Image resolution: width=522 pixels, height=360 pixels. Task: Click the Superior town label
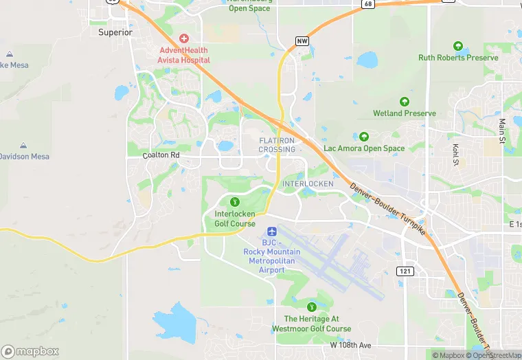click(x=115, y=32)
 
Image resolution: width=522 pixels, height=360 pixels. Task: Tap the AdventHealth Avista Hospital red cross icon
click(x=184, y=38)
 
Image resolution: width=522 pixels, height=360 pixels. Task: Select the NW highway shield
click(x=302, y=41)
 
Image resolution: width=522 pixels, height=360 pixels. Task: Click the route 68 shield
click(x=369, y=4)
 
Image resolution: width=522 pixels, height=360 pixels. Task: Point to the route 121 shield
click(x=405, y=271)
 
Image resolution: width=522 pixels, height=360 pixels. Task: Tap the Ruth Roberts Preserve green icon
click(x=458, y=46)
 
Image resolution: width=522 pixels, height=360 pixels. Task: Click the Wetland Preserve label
click(x=404, y=113)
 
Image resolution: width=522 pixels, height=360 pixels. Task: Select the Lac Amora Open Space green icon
click(x=364, y=137)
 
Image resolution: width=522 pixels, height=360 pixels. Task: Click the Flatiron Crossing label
click(x=277, y=144)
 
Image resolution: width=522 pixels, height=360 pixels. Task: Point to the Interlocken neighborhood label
click(x=308, y=183)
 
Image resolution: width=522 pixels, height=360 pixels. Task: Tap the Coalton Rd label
click(x=161, y=155)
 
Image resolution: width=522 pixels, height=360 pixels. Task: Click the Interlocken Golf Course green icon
click(x=235, y=202)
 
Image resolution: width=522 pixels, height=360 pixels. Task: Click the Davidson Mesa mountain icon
click(x=23, y=146)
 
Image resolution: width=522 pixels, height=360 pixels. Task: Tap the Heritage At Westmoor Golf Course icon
click(x=313, y=306)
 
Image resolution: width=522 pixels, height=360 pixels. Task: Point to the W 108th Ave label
click(x=350, y=344)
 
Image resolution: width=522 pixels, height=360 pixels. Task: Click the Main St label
click(x=502, y=131)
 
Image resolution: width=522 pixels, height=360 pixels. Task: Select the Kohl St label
click(x=455, y=155)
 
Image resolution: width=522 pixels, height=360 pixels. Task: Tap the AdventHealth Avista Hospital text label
click(x=185, y=55)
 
